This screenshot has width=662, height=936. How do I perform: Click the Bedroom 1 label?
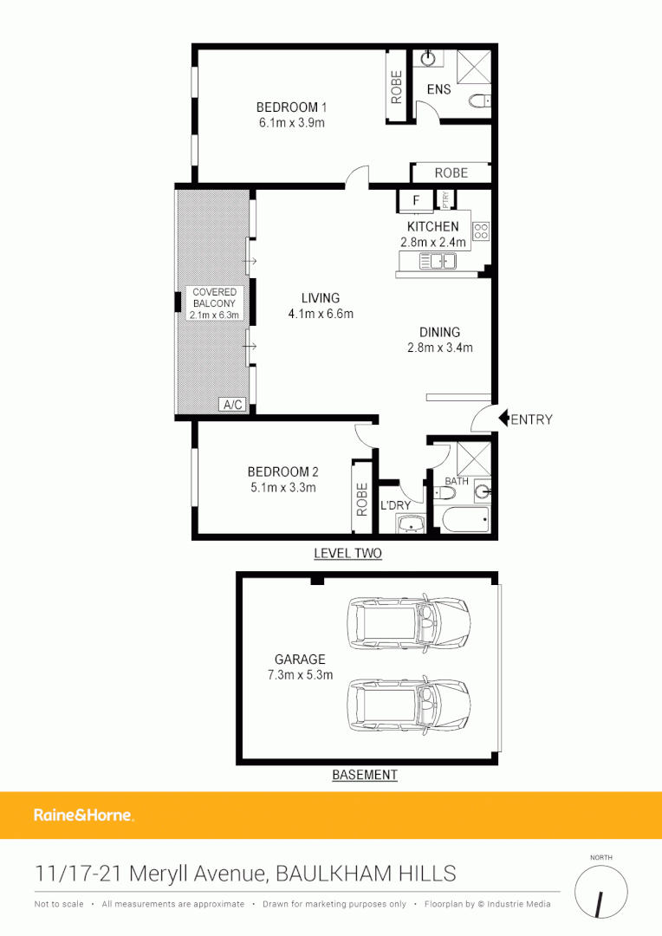(x=291, y=107)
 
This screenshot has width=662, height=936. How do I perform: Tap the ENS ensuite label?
(x=438, y=89)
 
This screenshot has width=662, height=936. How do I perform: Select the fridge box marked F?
(x=416, y=201)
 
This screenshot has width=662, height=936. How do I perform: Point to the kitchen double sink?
(x=438, y=261)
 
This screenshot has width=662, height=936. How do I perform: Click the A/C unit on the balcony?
(x=232, y=405)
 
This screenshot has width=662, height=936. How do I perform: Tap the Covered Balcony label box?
(x=214, y=304)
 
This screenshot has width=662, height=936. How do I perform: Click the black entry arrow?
(x=503, y=419)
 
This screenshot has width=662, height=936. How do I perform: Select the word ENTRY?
(x=531, y=420)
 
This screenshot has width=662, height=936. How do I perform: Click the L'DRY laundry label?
(x=395, y=505)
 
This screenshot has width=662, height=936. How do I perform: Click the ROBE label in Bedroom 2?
(x=362, y=500)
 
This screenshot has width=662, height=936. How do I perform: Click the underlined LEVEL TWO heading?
(x=347, y=553)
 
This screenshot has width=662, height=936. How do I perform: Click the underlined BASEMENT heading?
(x=365, y=775)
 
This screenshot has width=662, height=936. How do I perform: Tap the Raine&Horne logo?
(x=83, y=815)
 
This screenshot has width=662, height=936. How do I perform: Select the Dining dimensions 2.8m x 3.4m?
(x=439, y=348)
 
